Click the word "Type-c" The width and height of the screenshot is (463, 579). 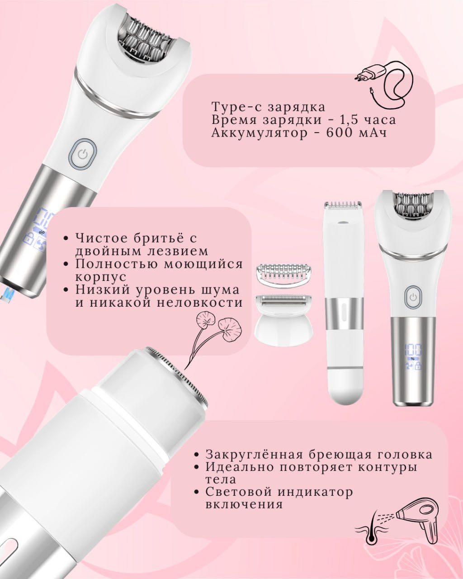(233, 108)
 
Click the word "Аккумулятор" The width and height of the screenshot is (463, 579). (259, 133)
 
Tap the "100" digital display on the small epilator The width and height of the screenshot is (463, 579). (413, 349)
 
